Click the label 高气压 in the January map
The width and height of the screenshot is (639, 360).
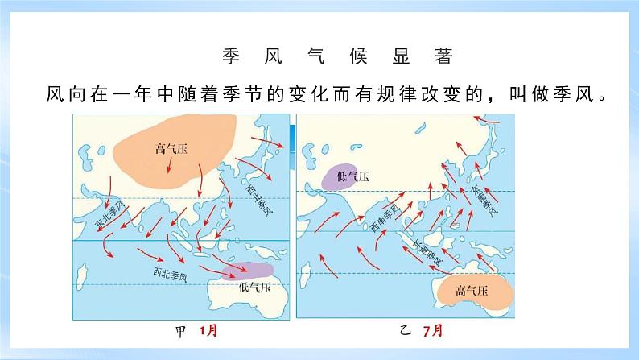point(169,148)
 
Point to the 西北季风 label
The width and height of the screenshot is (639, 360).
point(169,275)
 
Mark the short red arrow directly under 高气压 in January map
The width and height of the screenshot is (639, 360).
point(170,164)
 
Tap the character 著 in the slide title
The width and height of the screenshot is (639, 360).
point(444,58)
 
